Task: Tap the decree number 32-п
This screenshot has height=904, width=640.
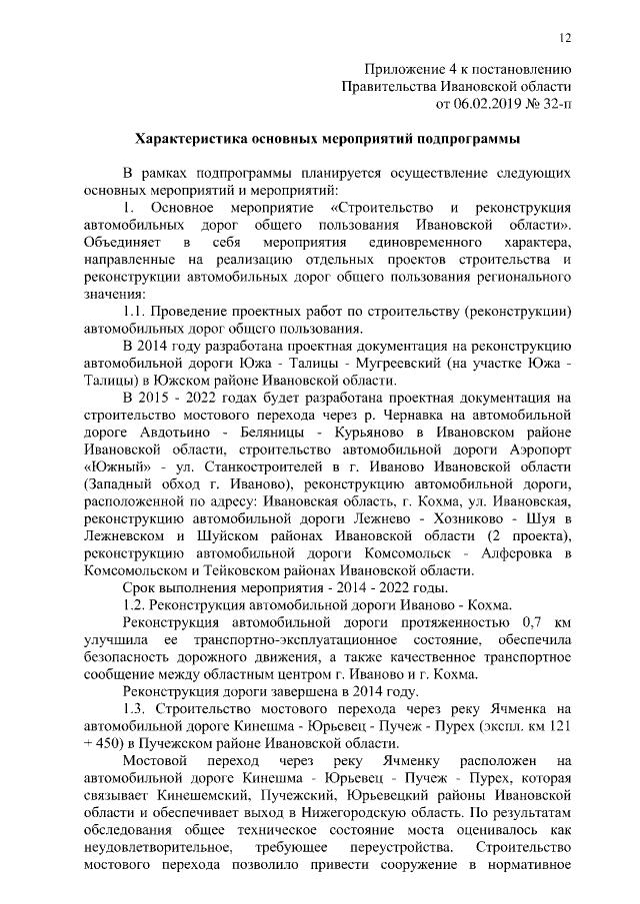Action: (555, 102)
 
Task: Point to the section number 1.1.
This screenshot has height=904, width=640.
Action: (135, 311)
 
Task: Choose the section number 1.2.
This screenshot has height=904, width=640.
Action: (135, 605)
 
